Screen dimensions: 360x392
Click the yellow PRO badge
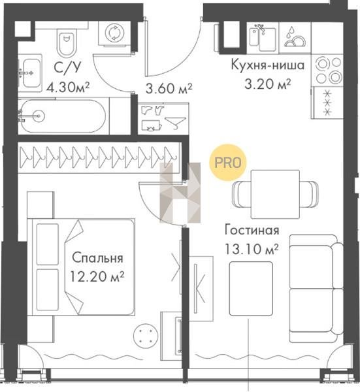pyautogui.click(x=228, y=162)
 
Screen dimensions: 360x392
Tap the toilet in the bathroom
pyautogui.click(x=66, y=42)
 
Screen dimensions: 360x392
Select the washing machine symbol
pyautogui.click(x=114, y=33)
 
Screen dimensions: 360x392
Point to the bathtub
pyautogui.click(x=63, y=116)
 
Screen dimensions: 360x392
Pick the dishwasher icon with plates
pyautogui.click(x=295, y=37)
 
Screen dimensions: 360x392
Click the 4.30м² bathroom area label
pyautogui.click(x=68, y=87)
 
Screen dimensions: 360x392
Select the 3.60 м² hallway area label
pyautogui.click(x=169, y=88)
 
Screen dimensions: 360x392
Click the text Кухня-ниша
pyautogui.click(x=267, y=65)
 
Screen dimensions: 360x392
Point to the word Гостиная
pyautogui.click(x=252, y=230)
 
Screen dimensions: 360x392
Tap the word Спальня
pyautogui.click(x=98, y=257)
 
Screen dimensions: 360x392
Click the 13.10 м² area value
pyautogui.click(x=252, y=249)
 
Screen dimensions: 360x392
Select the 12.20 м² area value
pyautogui.click(x=97, y=276)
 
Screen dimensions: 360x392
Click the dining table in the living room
pyautogui.click(x=275, y=194)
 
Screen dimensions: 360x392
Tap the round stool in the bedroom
pyautogui.click(x=146, y=335)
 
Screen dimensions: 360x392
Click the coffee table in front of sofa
pyautogui.click(x=251, y=289)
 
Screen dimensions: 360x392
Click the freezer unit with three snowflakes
pyautogui.click(x=327, y=103)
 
